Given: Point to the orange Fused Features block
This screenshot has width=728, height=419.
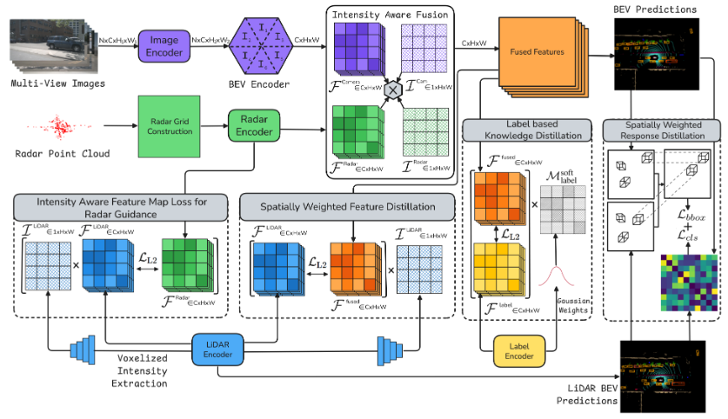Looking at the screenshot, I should (x=532, y=53).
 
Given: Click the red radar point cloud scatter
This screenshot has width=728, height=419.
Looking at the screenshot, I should (x=61, y=127).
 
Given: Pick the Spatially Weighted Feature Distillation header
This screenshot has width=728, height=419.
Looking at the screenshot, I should (x=348, y=207).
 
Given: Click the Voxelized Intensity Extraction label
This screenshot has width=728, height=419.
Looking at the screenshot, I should (x=146, y=369).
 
